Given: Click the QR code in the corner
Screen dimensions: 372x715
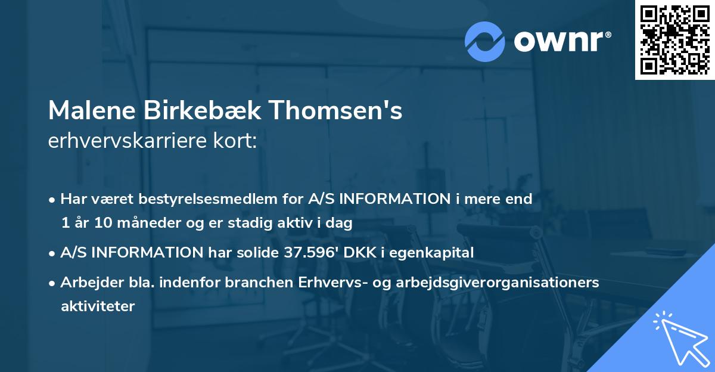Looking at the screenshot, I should point(674,40).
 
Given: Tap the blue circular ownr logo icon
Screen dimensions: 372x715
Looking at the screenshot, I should point(485,42).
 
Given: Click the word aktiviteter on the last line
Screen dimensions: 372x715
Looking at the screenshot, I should point(98,306).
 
